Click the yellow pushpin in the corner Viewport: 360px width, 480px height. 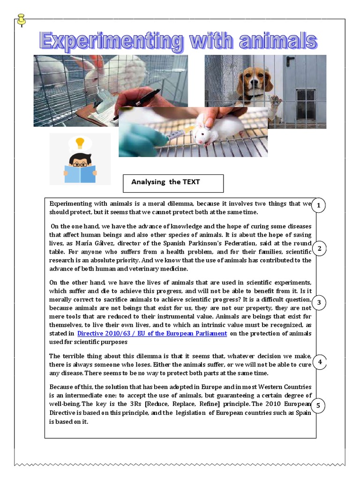(x=21, y=20)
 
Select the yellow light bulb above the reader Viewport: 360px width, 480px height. (x=80, y=142)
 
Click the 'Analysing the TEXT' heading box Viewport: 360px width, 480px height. (x=173, y=183)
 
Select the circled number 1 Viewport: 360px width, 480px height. (x=318, y=206)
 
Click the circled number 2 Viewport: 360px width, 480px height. (x=319, y=248)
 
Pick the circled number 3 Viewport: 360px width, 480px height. (x=319, y=303)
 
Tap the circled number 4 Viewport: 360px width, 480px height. (x=319, y=362)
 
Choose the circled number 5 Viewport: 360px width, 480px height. (x=318, y=406)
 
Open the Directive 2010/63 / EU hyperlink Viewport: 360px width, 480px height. (x=152, y=333)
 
